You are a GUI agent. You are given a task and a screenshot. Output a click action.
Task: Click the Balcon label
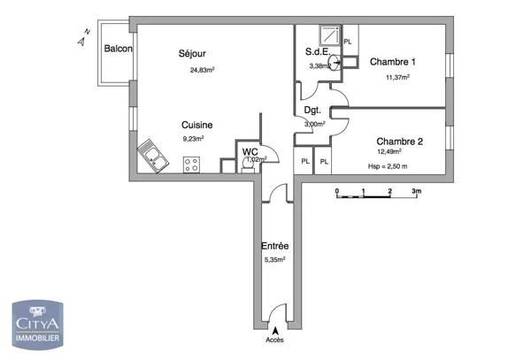(118, 50)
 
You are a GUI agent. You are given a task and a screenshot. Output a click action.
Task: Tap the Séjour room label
(191, 52)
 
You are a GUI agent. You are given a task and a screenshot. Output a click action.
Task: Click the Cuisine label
(196, 126)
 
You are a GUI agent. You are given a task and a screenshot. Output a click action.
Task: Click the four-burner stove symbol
(191, 164)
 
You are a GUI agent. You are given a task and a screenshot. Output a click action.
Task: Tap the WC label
(250, 152)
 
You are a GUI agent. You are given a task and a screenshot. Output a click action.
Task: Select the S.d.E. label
(318, 51)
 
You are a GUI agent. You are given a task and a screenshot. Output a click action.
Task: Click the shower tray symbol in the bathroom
(329, 34)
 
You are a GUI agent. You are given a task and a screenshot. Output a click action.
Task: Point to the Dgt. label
(312, 111)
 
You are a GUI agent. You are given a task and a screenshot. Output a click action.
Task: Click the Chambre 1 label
(392, 62)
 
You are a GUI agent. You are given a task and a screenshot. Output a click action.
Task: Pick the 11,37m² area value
(397, 77)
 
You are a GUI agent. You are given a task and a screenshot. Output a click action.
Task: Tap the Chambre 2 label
(399, 142)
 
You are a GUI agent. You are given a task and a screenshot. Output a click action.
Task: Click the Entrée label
(274, 246)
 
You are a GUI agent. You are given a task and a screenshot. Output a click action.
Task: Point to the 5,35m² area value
(276, 260)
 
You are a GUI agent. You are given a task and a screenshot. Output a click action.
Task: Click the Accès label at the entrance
(275, 339)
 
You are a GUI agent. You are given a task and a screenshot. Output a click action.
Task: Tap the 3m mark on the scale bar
(416, 191)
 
